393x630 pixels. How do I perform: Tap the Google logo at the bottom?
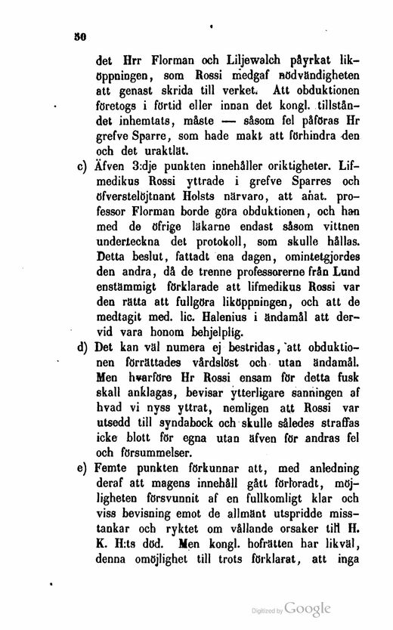click(x=307, y=608)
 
